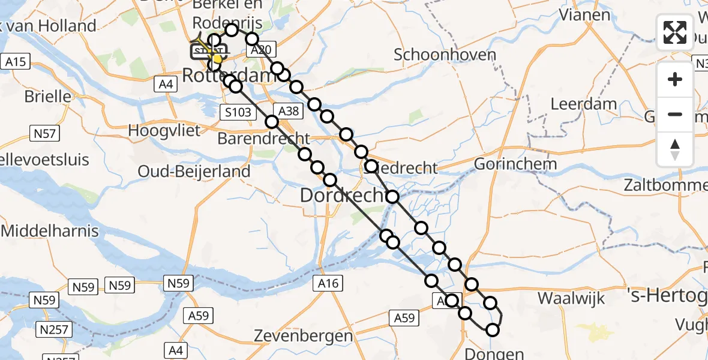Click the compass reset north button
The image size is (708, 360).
pos(675,149)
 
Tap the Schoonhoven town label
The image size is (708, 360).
pos(445,55)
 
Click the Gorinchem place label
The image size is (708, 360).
pos(516,164)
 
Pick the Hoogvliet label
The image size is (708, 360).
pos(166,130)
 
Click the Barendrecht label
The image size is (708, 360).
pos(263,138)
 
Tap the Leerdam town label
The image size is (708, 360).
pos(584,104)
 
